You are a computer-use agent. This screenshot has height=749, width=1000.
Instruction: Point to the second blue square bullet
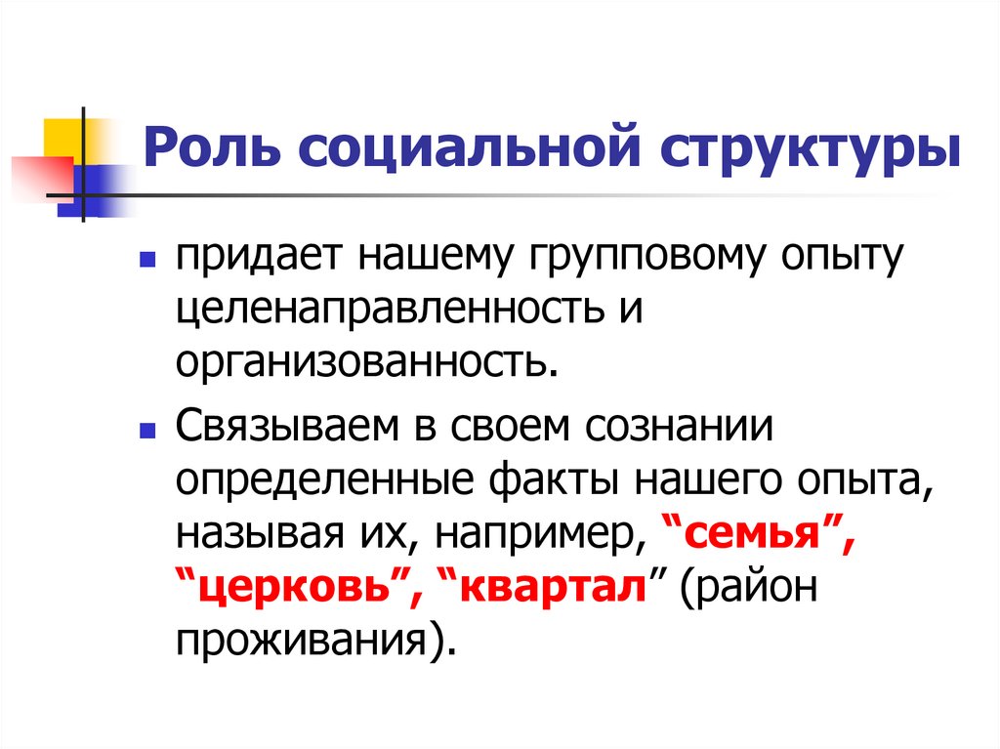[x=147, y=430]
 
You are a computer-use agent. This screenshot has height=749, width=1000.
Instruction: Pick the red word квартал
[x=553, y=590]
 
